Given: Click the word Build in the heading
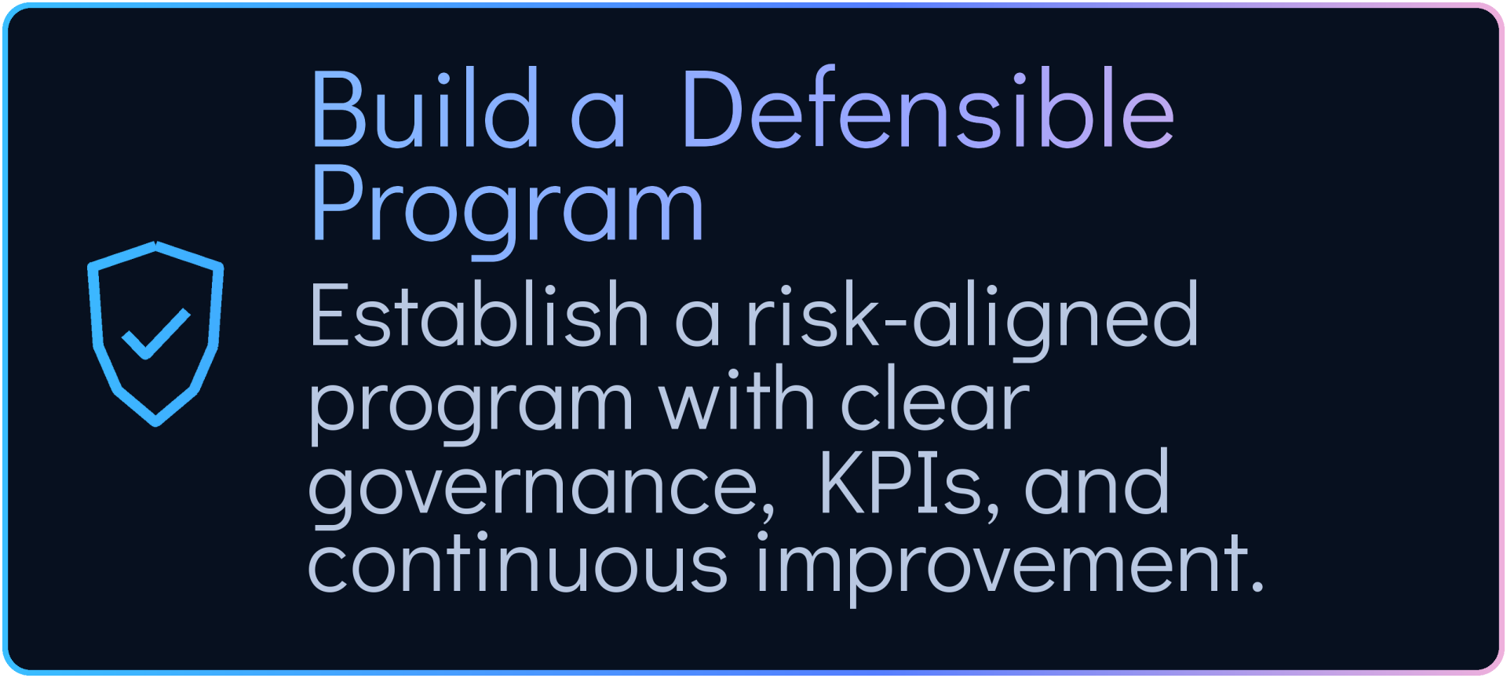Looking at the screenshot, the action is (425, 108).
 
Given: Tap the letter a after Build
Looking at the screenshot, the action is (598, 118).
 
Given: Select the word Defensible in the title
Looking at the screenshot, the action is (929, 108).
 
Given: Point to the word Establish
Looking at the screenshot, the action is (480, 314).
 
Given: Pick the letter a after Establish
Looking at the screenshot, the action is (697, 323).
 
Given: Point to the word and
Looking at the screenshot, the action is (1096, 481).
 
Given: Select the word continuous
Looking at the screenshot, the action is (518, 562).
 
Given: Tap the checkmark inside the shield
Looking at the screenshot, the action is (156, 334).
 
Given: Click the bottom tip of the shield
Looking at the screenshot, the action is (155, 424).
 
